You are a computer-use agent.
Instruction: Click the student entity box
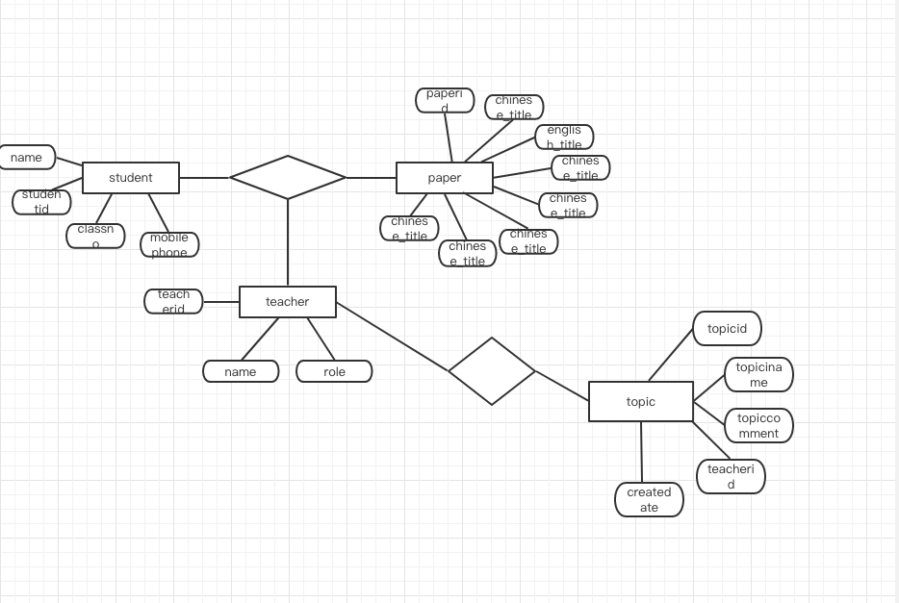(x=131, y=178)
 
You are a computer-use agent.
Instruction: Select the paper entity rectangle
(x=445, y=178)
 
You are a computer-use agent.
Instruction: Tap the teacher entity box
(x=288, y=302)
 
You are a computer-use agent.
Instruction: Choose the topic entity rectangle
(x=641, y=402)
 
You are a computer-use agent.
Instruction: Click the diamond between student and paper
(x=288, y=177)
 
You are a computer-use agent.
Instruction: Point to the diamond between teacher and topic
(x=492, y=371)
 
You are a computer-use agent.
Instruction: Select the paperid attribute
(x=445, y=100)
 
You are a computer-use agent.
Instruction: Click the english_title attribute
(x=564, y=137)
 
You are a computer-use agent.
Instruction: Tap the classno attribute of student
(x=95, y=236)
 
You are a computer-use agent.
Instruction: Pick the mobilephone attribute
(x=169, y=244)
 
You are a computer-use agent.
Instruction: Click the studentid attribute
(x=41, y=201)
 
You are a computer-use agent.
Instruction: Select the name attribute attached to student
(x=27, y=158)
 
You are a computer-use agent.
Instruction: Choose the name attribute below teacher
(x=241, y=371)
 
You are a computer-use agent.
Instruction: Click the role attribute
(x=334, y=371)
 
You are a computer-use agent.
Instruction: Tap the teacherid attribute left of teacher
(x=173, y=301)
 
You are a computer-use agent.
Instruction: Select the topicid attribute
(x=727, y=329)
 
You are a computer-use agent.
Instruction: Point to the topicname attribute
(x=758, y=375)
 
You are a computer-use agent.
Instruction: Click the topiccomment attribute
(x=758, y=425)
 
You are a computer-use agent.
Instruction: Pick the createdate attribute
(x=649, y=499)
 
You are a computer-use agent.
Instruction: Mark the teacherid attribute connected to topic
(x=731, y=476)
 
